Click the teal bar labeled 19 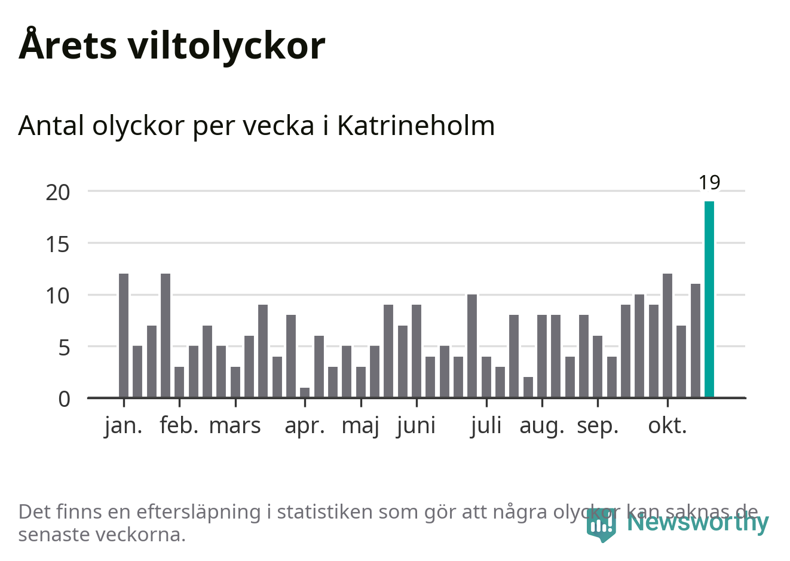coord(709,299)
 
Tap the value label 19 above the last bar coord(709,182)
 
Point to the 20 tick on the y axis coord(58,192)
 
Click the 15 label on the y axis coord(58,244)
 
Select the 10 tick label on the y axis coord(58,295)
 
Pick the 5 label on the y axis coord(64,347)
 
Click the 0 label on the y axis coord(64,398)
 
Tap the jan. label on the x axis coord(124,426)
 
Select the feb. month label coord(179,426)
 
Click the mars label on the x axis coord(235,426)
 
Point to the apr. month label coord(305,426)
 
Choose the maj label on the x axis coord(360,426)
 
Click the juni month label coord(416,426)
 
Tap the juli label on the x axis coord(486,426)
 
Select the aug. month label coord(542,426)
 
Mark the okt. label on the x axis coord(667,426)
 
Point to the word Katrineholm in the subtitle coord(416,126)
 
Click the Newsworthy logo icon coord(601,525)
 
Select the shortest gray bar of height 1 coord(305,393)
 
